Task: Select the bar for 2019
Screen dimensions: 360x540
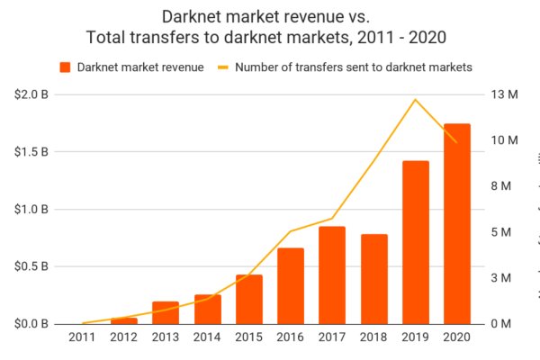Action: pyautogui.click(x=416, y=242)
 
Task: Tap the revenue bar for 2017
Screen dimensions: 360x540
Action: pyautogui.click(x=332, y=274)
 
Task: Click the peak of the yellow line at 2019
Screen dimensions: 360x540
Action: pyautogui.click(x=415, y=99)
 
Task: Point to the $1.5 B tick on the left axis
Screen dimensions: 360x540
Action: pyautogui.click(x=32, y=151)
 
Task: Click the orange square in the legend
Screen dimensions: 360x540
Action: pyautogui.click(x=66, y=67)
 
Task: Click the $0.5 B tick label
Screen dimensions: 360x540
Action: pyautogui.click(x=32, y=266)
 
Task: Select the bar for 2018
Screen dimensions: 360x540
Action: pyautogui.click(x=374, y=279)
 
